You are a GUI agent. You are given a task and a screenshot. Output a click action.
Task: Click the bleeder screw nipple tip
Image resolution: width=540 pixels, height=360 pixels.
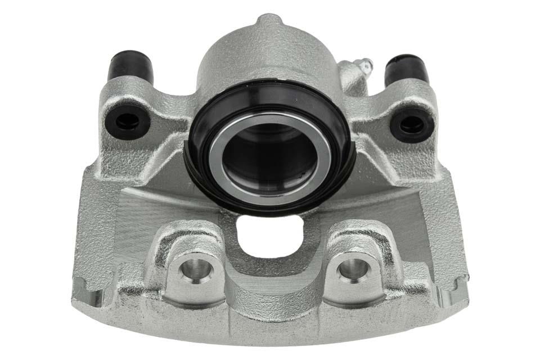[x=367, y=64]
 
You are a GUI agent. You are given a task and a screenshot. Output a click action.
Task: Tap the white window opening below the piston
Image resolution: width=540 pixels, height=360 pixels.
[x=272, y=233]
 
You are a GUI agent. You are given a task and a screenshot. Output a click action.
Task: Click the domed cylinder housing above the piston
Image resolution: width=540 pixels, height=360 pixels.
[x=264, y=56]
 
